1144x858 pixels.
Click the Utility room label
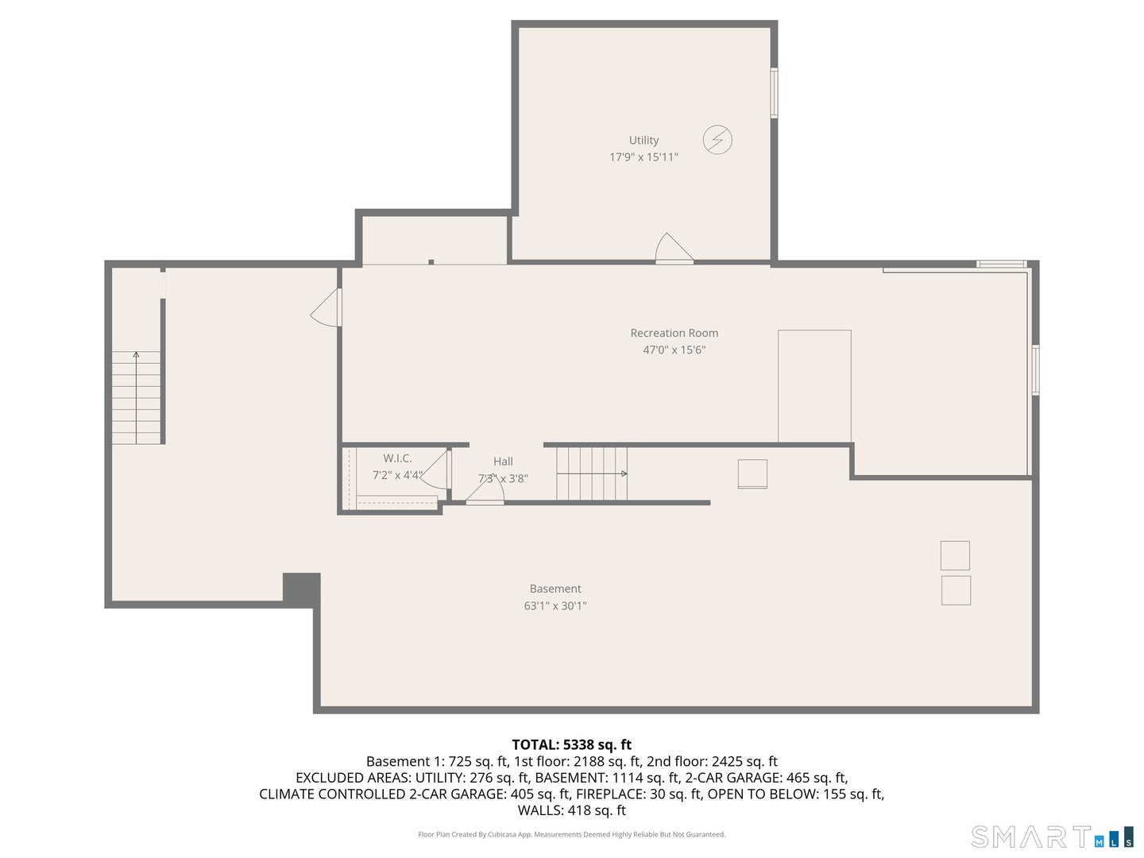coord(643,140)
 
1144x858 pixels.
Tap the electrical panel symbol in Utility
coord(717,140)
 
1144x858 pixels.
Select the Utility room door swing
coord(673,249)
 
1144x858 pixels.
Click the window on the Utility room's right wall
coord(774,93)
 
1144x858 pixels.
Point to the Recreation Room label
coord(674,333)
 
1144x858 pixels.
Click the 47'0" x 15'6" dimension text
coord(674,350)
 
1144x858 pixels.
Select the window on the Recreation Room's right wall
coord(1035,369)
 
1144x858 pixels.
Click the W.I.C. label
coord(397,458)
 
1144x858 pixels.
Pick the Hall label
coord(503,462)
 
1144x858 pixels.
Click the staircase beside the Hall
coord(592,473)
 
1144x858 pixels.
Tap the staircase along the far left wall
coord(136,397)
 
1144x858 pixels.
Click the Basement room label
coord(555,589)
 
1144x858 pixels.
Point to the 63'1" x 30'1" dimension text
coord(555,605)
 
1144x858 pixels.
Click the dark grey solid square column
coord(302,589)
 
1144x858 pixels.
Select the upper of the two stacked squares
coord(955,555)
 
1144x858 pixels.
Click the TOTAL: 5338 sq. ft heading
coord(571,744)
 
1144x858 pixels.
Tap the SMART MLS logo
coord(1052,837)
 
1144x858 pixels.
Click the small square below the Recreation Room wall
coord(752,474)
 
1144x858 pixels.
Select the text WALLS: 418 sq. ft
coord(571,810)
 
